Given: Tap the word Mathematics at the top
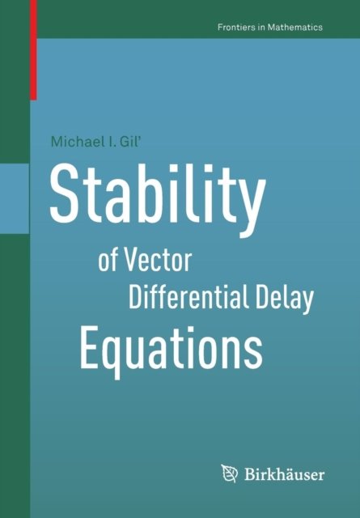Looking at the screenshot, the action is click(x=295, y=27).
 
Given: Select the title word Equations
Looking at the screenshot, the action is click(x=171, y=349).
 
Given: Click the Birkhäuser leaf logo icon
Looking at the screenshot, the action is click(x=230, y=474).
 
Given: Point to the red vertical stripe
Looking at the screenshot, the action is click(x=33, y=49).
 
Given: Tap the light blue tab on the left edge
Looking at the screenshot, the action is click(x=15, y=198).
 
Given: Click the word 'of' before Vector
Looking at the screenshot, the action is click(x=108, y=261).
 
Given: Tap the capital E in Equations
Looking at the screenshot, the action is click(x=89, y=346).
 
